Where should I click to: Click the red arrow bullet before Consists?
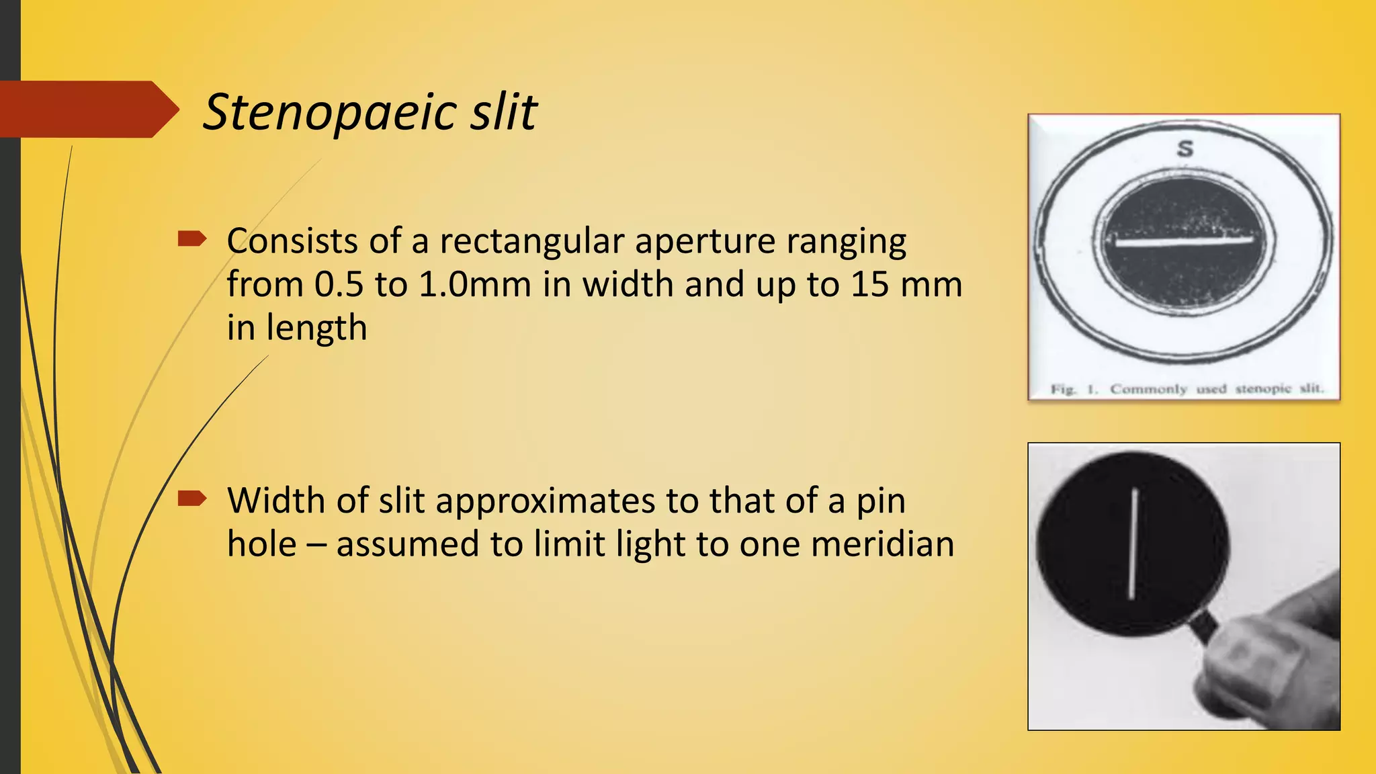(x=191, y=239)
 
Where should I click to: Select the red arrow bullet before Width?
(x=191, y=498)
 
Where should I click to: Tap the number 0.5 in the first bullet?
(x=339, y=284)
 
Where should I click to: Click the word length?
(x=316, y=328)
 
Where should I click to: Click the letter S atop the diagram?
(x=1185, y=148)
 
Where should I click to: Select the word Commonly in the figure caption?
(x=1148, y=389)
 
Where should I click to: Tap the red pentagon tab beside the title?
(x=87, y=110)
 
